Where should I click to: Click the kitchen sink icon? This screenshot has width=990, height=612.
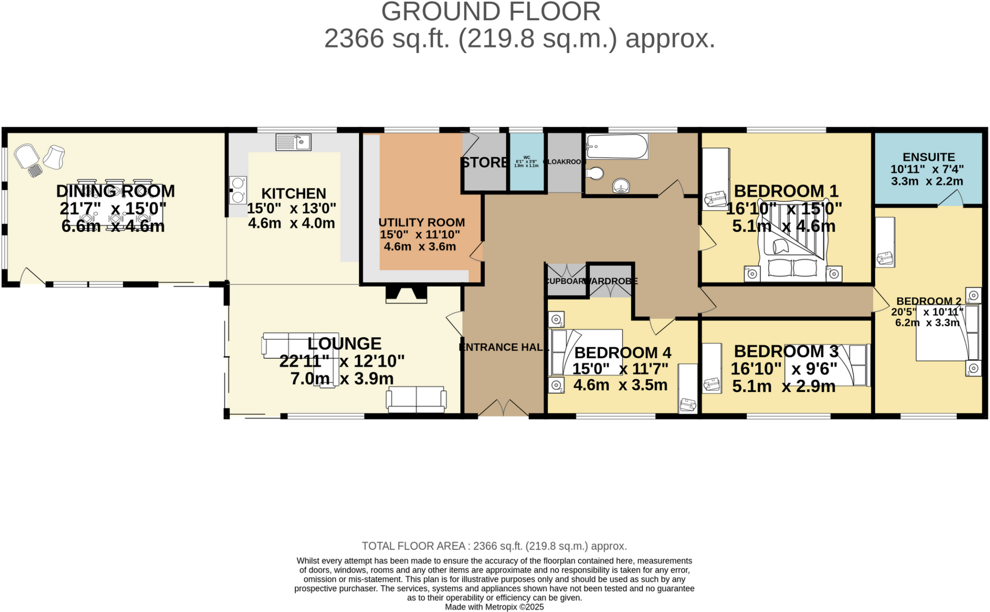point(293,142)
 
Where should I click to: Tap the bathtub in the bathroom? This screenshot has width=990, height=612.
point(617,146)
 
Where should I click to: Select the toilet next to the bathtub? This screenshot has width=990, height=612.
point(595,173)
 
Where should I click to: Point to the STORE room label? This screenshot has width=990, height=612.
point(484,162)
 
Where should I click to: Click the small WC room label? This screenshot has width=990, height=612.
point(526,158)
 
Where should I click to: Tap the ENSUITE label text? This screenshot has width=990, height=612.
point(929,157)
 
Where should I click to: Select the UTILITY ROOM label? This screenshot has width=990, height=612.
point(422,222)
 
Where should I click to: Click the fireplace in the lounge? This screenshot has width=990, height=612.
point(406,294)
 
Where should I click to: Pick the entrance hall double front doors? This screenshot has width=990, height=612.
point(503,408)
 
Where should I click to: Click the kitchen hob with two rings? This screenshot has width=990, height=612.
point(238,190)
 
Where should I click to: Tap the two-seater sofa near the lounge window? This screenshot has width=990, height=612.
point(416,399)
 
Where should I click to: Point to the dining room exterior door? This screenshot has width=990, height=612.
point(32,277)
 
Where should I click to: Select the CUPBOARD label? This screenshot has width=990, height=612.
point(566,281)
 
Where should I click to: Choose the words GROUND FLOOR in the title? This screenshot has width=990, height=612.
point(491,12)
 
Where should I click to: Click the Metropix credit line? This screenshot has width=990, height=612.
point(494,607)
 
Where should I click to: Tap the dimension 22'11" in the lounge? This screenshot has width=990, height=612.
point(305,361)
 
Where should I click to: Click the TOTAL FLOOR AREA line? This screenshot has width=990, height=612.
point(494,546)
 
